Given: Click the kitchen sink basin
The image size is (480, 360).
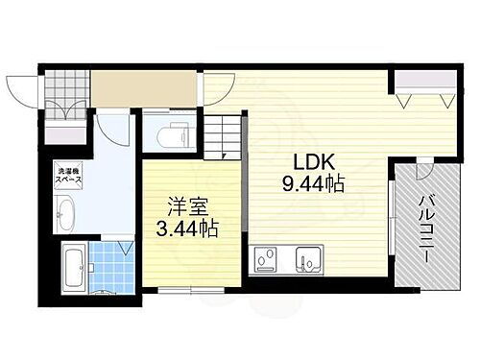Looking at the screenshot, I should [309, 259].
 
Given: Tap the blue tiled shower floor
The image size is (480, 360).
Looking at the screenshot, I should [112, 261].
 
